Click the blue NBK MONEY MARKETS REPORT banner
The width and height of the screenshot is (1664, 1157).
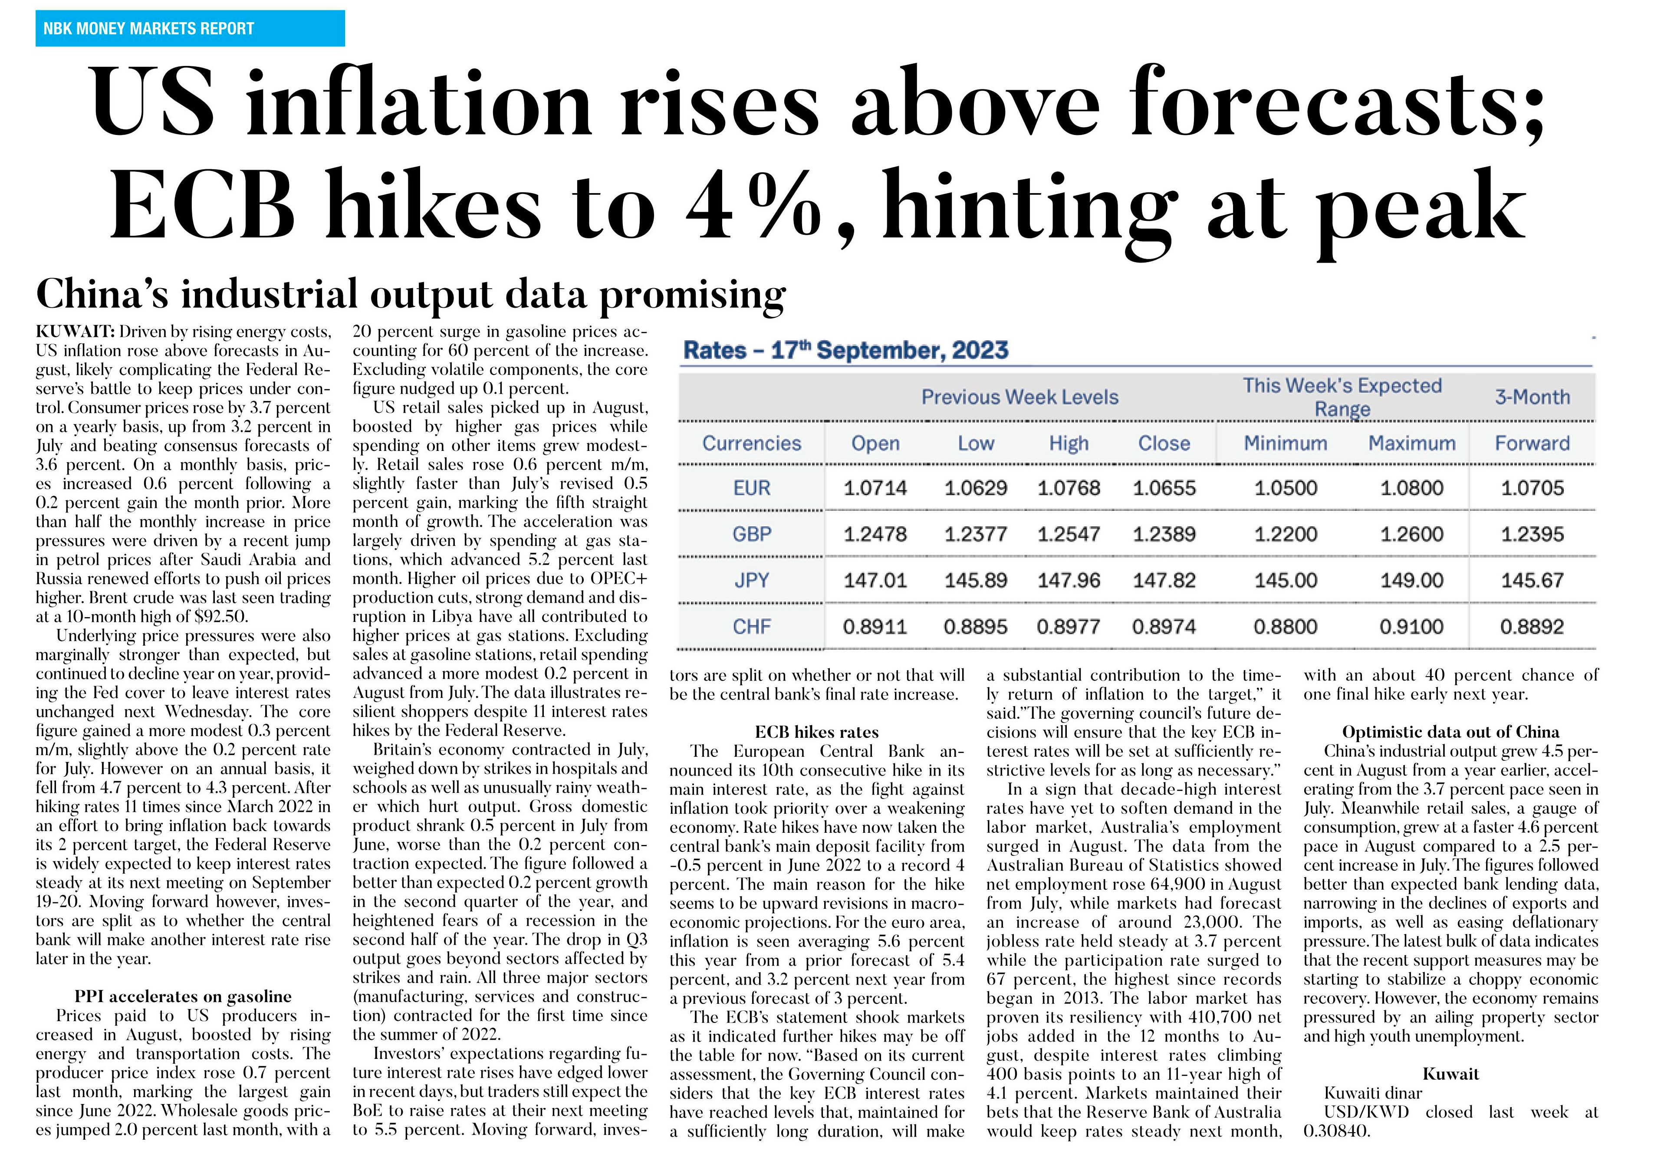(x=190, y=28)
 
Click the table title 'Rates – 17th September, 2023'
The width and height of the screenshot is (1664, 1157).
(x=846, y=351)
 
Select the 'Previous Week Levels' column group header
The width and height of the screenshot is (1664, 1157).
(x=1019, y=397)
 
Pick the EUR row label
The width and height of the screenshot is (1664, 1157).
(x=752, y=488)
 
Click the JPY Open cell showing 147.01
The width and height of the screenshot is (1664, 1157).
(x=875, y=580)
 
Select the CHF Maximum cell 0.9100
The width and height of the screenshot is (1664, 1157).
(x=1411, y=627)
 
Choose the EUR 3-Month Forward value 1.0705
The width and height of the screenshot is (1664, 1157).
(x=1532, y=488)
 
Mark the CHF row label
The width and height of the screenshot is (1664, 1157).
(x=752, y=627)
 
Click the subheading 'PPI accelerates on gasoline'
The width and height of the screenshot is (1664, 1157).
(x=183, y=996)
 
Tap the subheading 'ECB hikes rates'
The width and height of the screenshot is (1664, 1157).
(x=817, y=732)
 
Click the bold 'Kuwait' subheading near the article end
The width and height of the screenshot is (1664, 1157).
(x=1451, y=1074)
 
